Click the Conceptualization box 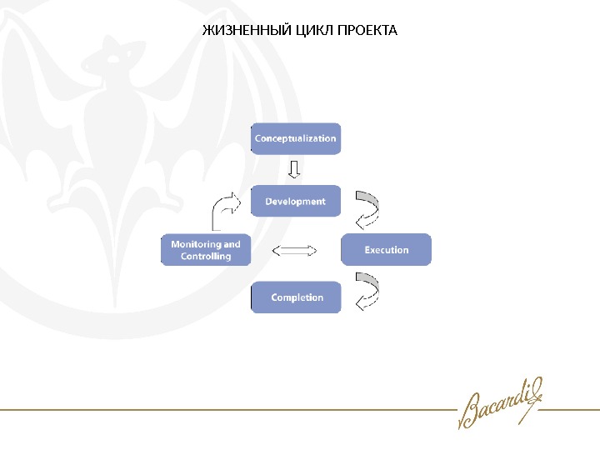coord(296,138)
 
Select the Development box coord(296,201)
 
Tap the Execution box coord(387,249)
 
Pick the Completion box coord(297,297)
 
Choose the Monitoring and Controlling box coord(206,250)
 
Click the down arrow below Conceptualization coord(293,170)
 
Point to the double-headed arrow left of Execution coord(296,250)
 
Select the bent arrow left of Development coord(226,210)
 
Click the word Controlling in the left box coord(206,257)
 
